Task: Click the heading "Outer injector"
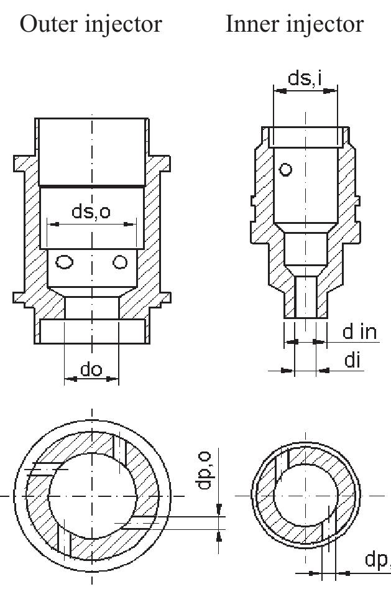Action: tap(91, 24)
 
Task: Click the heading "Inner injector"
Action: tap(294, 24)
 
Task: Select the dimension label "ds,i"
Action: tap(306, 78)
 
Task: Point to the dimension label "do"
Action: tap(91, 369)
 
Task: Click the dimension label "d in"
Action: tap(360, 331)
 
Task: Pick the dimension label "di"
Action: tap(353, 361)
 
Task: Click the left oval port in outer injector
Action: tap(63, 262)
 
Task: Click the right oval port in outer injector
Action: tap(120, 262)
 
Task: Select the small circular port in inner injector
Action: tap(285, 169)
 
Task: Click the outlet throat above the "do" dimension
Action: tap(91, 307)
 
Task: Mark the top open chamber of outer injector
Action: tap(91, 152)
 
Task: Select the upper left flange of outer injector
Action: tap(24, 164)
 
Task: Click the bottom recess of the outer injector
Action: tap(91, 330)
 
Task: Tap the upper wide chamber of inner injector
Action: tap(305, 187)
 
